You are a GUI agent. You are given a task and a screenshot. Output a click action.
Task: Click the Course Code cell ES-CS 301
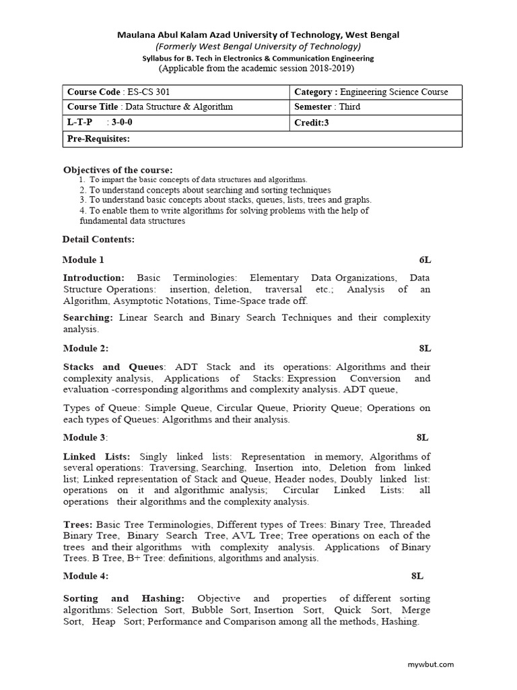(114, 92)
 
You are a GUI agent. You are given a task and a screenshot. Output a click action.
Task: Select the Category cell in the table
(371, 92)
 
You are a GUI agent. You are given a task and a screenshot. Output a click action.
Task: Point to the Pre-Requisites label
(98, 139)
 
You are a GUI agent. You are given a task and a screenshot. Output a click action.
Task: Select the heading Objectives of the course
(118, 169)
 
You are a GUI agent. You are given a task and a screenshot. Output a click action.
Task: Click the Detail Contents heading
(98, 239)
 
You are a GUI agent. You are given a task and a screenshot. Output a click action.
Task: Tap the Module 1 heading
(83, 259)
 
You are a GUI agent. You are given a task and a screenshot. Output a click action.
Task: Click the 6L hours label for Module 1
(424, 259)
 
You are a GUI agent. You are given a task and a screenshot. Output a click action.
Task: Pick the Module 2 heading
(85, 348)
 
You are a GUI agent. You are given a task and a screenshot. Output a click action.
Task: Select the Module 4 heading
(85, 576)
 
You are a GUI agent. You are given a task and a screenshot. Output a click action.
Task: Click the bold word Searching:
(88, 317)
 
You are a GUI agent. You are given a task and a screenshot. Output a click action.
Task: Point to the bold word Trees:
(78, 524)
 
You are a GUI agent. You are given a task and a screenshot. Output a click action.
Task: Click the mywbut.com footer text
(431, 664)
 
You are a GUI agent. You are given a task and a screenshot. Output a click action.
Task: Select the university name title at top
(258, 34)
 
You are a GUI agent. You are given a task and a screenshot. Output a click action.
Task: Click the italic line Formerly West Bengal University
(258, 46)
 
